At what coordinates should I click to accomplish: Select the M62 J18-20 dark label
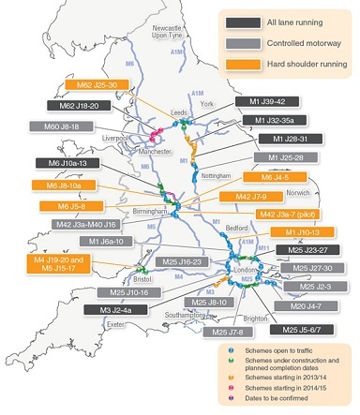tap(76, 106)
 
